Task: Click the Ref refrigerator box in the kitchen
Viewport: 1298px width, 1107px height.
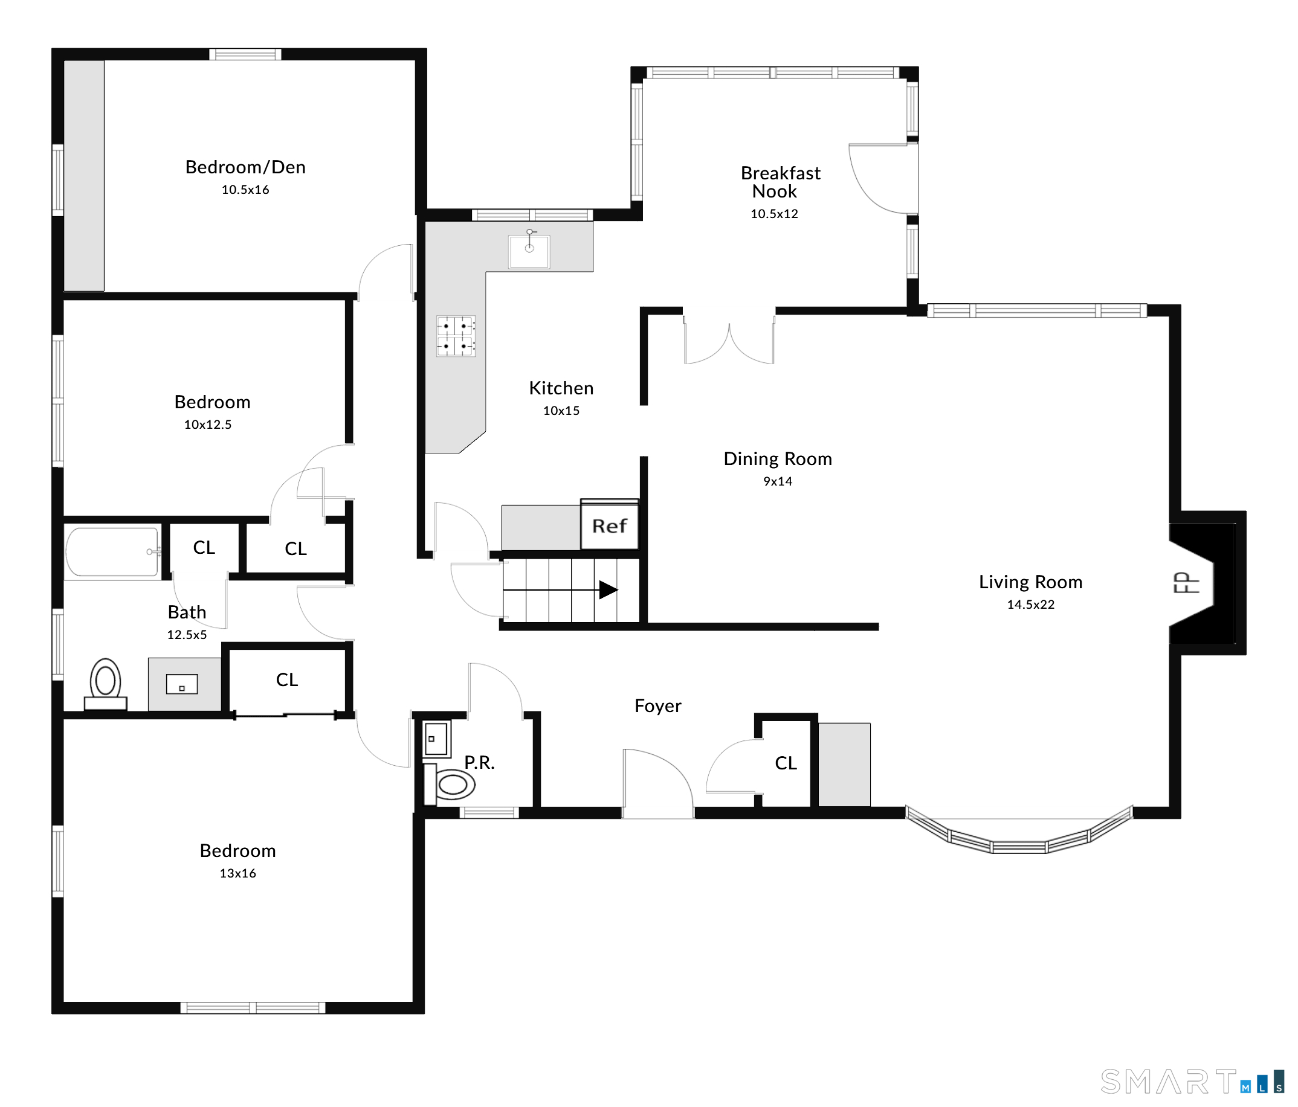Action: [610, 525]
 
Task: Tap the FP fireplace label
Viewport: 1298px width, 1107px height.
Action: [1186, 583]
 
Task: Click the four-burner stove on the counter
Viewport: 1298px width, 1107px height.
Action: [456, 336]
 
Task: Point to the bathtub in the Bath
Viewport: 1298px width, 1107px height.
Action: [114, 551]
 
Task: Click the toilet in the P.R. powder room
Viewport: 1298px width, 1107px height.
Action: [450, 784]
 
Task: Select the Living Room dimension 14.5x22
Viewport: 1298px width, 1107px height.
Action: [1030, 604]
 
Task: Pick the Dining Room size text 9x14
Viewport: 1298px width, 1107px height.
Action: [778, 481]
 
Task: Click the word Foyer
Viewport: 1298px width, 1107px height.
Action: [658, 705]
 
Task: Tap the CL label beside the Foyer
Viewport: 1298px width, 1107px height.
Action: [786, 763]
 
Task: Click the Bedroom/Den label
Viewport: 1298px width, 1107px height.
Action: [245, 167]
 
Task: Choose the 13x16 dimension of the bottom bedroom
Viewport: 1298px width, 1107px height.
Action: [237, 873]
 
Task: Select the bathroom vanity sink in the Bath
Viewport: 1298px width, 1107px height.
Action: [182, 684]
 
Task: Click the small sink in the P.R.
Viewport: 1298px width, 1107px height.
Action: [436, 739]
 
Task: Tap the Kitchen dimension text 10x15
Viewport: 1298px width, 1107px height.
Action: [561, 411]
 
